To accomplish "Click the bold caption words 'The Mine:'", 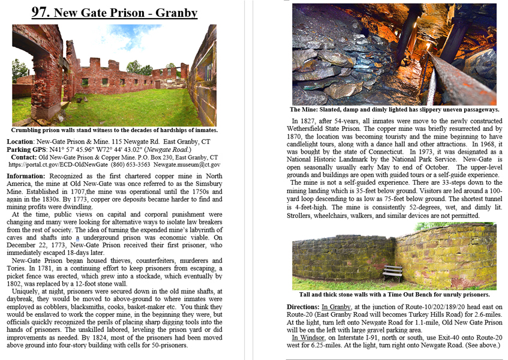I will point(305,110).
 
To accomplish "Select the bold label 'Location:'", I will point(25,142).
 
